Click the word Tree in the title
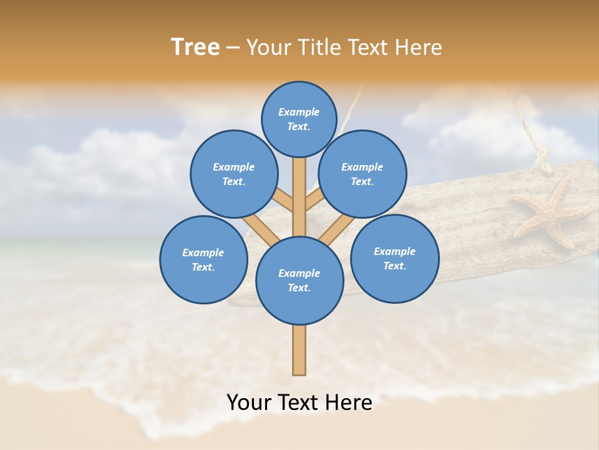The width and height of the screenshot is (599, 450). (x=195, y=47)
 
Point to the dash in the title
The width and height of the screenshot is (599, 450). (x=233, y=48)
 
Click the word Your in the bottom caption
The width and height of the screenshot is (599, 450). (x=249, y=402)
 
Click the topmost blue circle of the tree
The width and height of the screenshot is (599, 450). (x=299, y=119)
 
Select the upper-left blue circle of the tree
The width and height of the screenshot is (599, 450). (x=234, y=174)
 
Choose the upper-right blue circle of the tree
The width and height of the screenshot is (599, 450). (x=363, y=174)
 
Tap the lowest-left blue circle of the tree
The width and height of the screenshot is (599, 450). (x=203, y=260)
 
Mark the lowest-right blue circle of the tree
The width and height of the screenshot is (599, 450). (x=394, y=259)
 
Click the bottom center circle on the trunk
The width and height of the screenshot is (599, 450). (x=299, y=281)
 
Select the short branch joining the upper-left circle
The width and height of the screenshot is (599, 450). (x=284, y=201)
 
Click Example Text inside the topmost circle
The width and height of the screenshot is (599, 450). (x=299, y=119)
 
